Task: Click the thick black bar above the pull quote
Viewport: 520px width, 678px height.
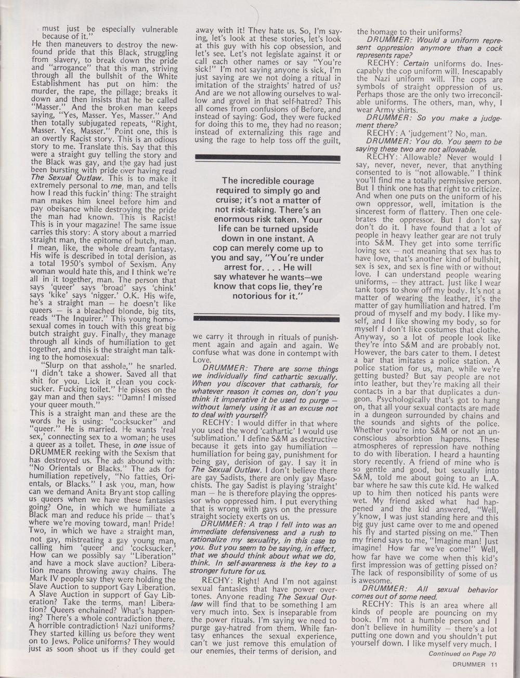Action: click(267, 156)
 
